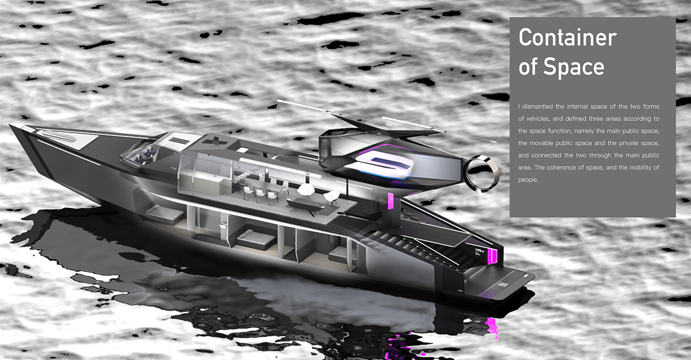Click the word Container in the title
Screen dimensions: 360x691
coord(567,38)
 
